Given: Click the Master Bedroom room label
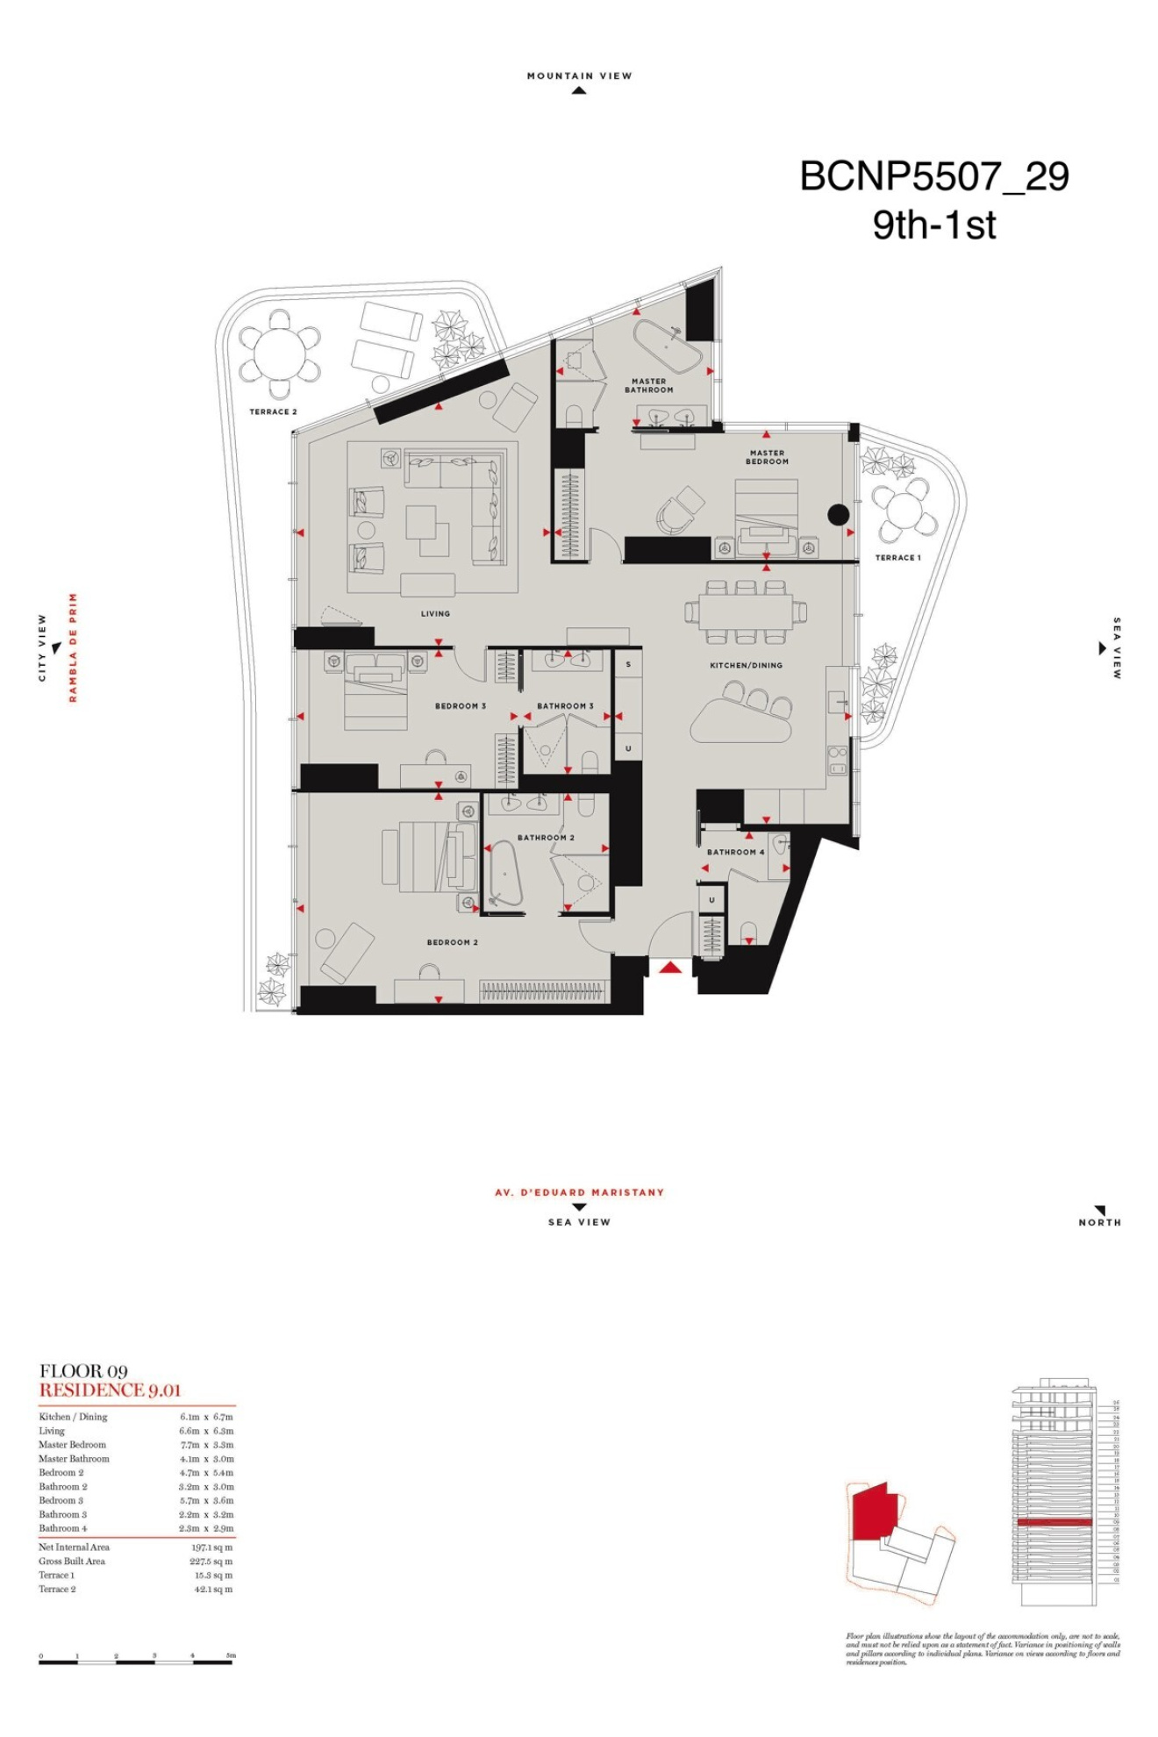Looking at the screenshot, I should pyautogui.click(x=767, y=457).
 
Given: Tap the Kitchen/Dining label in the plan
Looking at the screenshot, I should pyautogui.click(x=746, y=665).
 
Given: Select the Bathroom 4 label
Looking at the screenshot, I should pyautogui.click(x=735, y=852).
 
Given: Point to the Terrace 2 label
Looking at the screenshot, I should pyautogui.click(x=273, y=411).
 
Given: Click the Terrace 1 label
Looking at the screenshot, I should pyautogui.click(x=897, y=557).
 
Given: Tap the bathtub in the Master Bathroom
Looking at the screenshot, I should pyautogui.click(x=668, y=348).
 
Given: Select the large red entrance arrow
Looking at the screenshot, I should pyautogui.click(x=670, y=967).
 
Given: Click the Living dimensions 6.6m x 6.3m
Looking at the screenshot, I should pyautogui.click(x=206, y=1431).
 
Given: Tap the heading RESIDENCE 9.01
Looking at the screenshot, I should pyautogui.click(x=110, y=1390).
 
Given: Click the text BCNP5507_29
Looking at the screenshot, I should pyautogui.click(x=934, y=176).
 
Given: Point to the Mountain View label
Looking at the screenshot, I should pyautogui.click(x=579, y=76).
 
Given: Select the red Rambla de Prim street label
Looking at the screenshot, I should pyautogui.click(x=74, y=647).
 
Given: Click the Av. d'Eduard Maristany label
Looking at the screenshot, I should pyautogui.click(x=579, y=1192).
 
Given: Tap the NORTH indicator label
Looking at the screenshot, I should pyautogui.click(x=1099, y=1222).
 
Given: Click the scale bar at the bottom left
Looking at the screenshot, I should pyautogui.click(x=136, y=1661).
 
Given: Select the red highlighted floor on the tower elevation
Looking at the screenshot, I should pyautogui.click(x=1054, y=1522).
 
